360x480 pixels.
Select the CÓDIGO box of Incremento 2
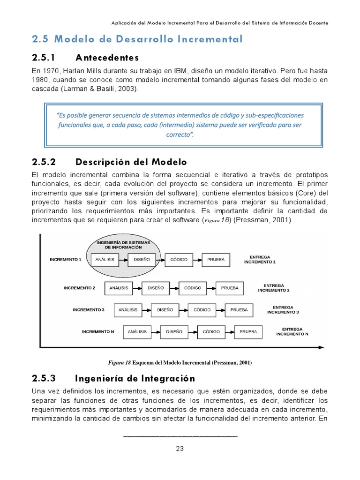click(x=193, y=287)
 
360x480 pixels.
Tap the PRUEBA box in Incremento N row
click(x=248, y=331)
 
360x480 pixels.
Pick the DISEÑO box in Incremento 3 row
click(x=165, y=310)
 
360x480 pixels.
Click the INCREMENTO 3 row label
click(x=89, y=310)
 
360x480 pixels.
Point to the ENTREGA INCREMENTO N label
click(x=292, y=331)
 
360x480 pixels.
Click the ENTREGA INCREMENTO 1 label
click(x=260, y=259)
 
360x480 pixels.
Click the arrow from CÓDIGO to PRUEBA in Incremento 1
click(x=195, y=259)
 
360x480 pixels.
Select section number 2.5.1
click(x=44, y=58)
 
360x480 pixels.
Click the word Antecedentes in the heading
click(x=107, y=58)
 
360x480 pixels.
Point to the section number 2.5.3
click(x=44, y=378)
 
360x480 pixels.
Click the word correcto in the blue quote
click(x=178, y=135)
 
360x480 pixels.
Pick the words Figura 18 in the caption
click(x=120, y=362)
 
